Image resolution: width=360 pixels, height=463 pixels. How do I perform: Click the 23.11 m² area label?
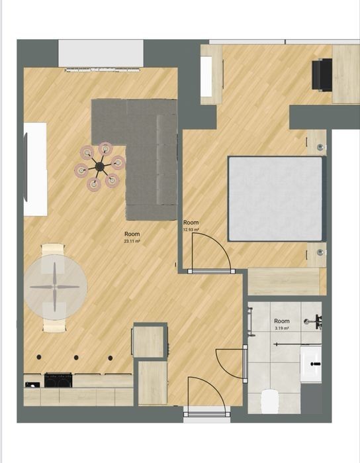tap(132, 241)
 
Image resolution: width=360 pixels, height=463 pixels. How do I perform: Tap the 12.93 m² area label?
tap(191, 229)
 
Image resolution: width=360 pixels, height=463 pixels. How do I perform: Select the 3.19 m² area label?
tap(282, 328)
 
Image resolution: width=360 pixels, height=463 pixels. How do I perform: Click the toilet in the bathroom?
tap(270, 401)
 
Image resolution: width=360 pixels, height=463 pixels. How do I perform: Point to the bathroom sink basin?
tap(311, 364)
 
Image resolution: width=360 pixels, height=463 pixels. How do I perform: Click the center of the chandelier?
tap(100, 167)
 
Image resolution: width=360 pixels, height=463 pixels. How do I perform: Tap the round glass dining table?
tap(55, 287)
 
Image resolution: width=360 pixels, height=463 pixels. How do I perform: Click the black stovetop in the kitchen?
tap(58, 380)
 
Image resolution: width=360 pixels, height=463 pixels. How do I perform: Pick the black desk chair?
tap(322, 75)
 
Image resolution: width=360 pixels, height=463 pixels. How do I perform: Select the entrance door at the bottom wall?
tap(206, 414)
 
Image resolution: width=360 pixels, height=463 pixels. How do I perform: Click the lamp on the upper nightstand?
tap(320, 147)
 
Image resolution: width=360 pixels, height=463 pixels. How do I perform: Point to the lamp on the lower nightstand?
tap(320, 252)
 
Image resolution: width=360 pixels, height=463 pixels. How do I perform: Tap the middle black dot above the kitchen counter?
tap(76, 358)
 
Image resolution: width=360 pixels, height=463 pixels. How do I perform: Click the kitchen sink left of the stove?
tap(32, 384)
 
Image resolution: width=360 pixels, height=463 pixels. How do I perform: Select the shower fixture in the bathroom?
tap(314, 321)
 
